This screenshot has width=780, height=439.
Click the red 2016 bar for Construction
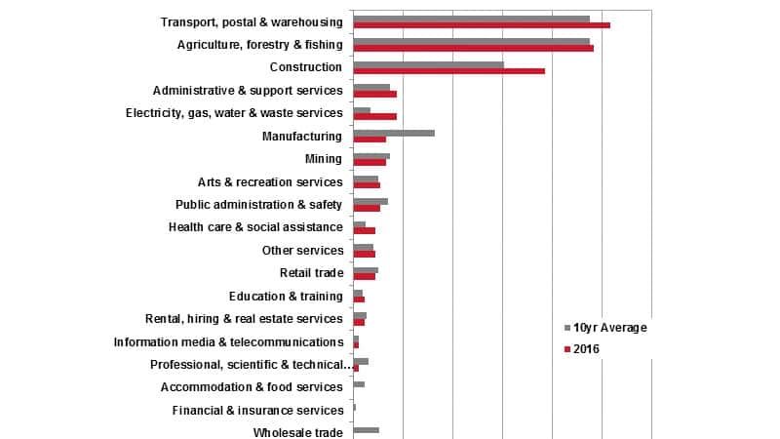click(448, 71)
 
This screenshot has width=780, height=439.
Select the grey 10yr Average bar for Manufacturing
click(394, 133)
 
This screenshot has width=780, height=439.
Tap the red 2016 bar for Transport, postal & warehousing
click(482, 25)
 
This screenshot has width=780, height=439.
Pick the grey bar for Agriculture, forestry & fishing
click(471, 41)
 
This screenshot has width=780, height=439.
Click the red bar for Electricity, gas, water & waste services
click(374, 116)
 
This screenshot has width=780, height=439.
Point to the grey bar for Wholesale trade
click(366, 429)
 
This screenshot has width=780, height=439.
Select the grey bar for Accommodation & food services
click(359, 383)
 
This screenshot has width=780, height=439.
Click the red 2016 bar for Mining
click(370, 162)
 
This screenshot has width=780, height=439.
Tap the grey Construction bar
click(428, 64)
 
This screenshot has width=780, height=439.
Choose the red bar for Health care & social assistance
click(364, 231)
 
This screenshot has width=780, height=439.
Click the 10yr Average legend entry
click(609, 328)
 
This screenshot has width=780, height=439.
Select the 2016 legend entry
click(589, 348)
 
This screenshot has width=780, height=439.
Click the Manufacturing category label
click(302, 137)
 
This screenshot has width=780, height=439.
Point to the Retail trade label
click(311, 273)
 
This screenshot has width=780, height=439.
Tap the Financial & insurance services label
click(257, 411)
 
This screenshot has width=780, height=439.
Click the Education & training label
click(286, 297)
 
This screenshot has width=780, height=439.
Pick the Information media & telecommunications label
click(228, 342)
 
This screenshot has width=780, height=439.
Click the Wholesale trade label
click(297, 432)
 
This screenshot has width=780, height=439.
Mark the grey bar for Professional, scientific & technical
click(361, 361)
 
